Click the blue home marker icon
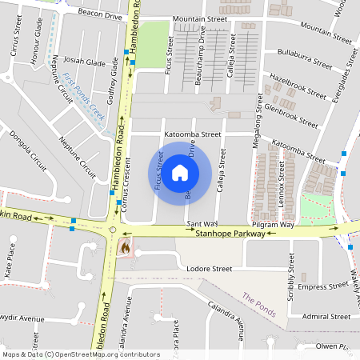180,172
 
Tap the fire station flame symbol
124,248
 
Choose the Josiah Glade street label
85,62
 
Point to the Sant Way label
202,223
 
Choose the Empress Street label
322,286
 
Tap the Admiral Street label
327,317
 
